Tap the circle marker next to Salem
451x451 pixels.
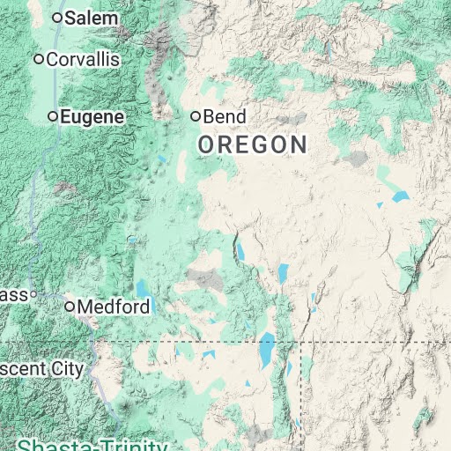coord(58,18)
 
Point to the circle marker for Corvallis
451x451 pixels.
coord(39,59)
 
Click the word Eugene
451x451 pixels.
coord(92,116)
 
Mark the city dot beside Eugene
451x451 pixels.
coord(54,116)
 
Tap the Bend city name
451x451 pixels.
coord(225,116)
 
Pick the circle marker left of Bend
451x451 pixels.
coord(196,116)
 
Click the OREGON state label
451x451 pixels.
coord(253,145)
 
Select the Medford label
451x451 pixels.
coord(114,307)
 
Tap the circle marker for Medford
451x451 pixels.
coord(70,307)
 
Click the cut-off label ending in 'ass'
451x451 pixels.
coord(13,294)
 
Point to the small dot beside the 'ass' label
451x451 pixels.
coord(33,294)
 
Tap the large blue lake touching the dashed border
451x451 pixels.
coord(266,348)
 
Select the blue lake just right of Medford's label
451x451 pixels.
coord(143,289)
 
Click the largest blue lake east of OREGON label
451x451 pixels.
coord(401,196)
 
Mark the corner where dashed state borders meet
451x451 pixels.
coord(300,342)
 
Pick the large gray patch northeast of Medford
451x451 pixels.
coord(208,280)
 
